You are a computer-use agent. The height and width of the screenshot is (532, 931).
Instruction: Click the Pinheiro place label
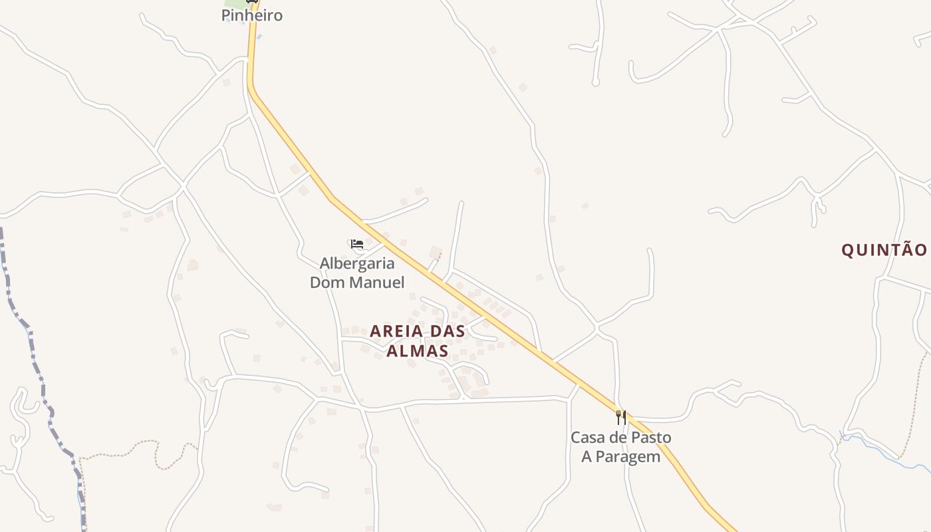coord(252,15)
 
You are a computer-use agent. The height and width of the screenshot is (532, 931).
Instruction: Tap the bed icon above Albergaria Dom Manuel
coord(357,244)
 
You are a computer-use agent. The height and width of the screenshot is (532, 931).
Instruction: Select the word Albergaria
coord(357,263)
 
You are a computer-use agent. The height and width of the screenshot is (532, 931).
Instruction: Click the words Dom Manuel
coord(357,282)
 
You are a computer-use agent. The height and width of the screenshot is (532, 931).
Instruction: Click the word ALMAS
coord(418,350)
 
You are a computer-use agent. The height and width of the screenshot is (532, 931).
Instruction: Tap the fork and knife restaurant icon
coord(620,418)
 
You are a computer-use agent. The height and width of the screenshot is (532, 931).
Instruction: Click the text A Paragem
coord(621,456)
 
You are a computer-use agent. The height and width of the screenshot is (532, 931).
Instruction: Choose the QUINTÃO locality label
coord(884,250)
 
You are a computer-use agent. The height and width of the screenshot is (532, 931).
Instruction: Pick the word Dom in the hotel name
coord(324,282)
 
